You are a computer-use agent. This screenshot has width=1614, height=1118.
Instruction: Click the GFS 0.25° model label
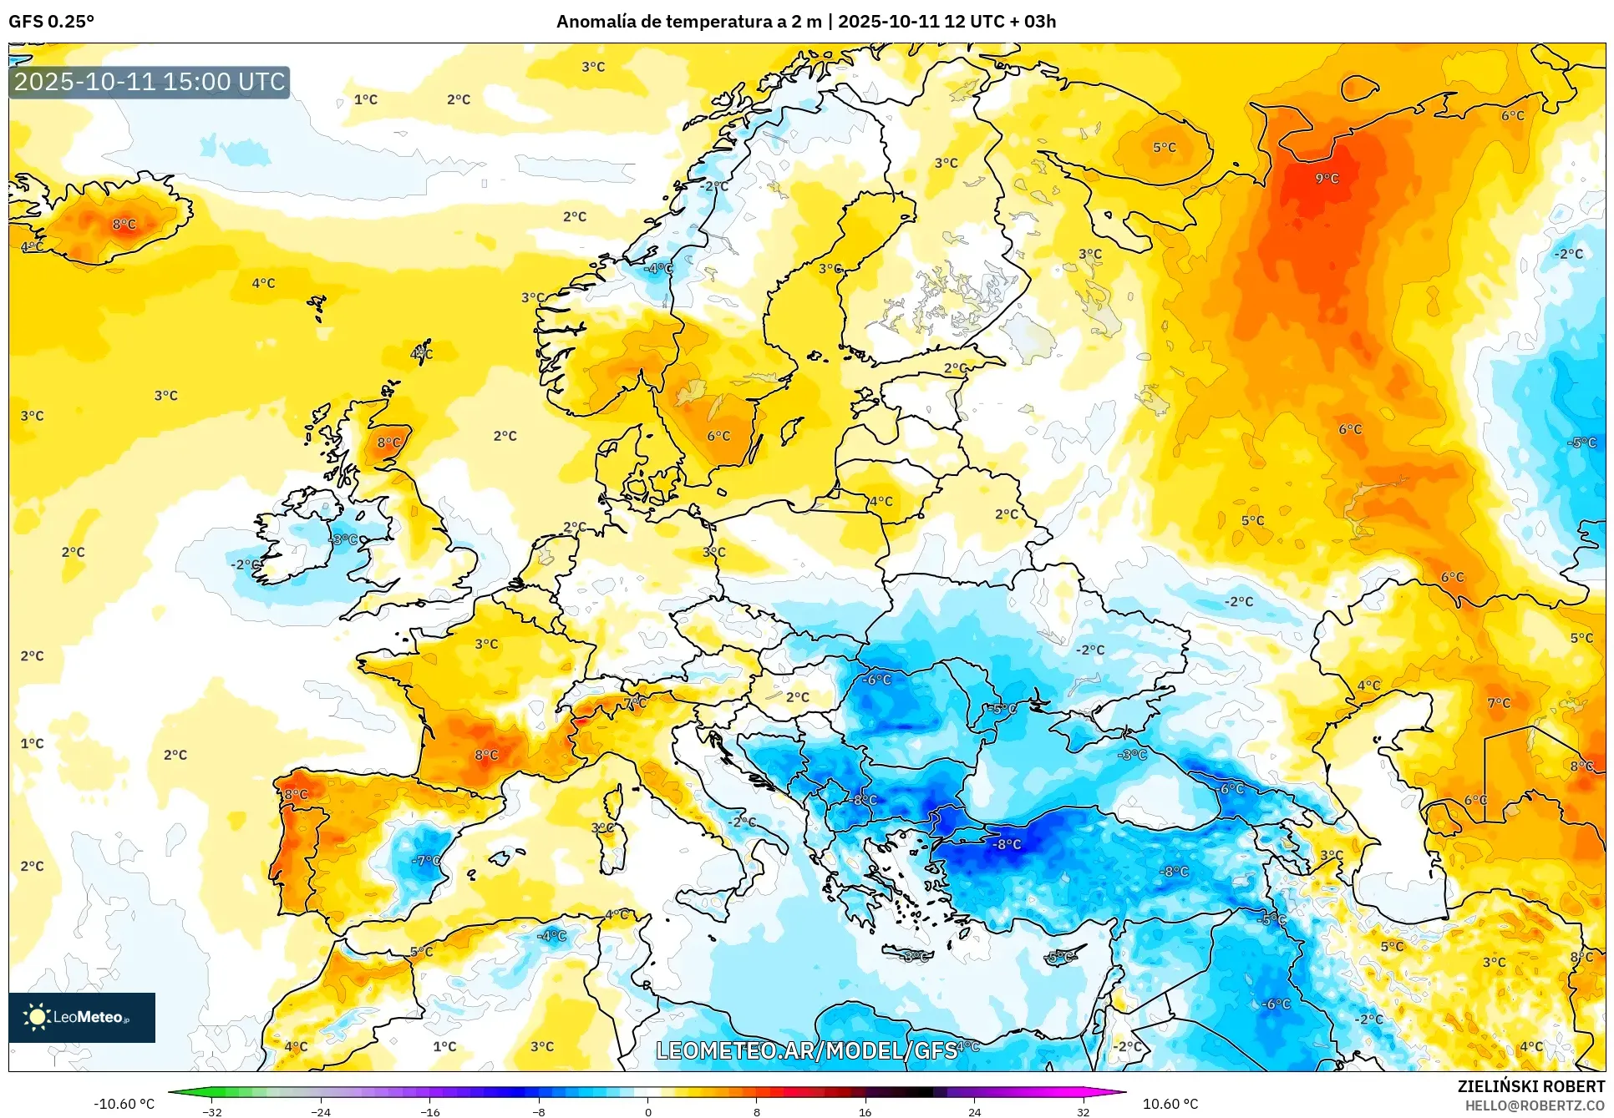tap(51, 22)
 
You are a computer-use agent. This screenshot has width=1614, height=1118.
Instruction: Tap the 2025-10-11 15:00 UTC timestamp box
tap(150, 82)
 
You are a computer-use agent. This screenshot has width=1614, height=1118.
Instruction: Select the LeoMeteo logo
tap(82, 1017)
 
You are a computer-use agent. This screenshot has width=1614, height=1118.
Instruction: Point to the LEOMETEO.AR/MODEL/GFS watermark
tap(806, 1050)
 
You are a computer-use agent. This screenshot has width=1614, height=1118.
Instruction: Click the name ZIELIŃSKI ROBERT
tap(1530, 1086)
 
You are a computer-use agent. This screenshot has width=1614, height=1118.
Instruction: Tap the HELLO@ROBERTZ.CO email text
tap(1535, 1105)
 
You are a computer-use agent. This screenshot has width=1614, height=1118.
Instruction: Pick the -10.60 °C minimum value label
tap(124, 1104)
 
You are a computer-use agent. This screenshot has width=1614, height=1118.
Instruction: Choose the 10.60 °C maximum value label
tap(1170, 1104)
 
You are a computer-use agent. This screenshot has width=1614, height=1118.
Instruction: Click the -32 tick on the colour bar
tap(212, 1112)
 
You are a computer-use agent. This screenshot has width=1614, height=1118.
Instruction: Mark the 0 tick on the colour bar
tap(647, 1112)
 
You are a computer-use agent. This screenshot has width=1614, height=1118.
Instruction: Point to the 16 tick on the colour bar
tap(865, 1112)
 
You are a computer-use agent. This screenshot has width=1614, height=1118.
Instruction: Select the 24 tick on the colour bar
tap(974, 1112)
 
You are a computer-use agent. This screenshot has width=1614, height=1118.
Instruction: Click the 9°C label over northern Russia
tap(1327, 179)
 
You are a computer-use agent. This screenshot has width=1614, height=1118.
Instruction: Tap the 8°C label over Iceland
tap(124, 224)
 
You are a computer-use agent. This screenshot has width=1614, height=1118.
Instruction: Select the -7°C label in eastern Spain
tap(426, 861)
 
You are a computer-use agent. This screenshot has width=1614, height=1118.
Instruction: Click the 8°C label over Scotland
tap(388, 443)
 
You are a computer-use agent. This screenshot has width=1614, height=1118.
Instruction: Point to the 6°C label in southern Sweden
tap(718, 436)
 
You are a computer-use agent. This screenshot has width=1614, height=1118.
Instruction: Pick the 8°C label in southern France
tap(486, 755)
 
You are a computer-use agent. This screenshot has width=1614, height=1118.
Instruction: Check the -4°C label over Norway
tap(659, 268)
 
